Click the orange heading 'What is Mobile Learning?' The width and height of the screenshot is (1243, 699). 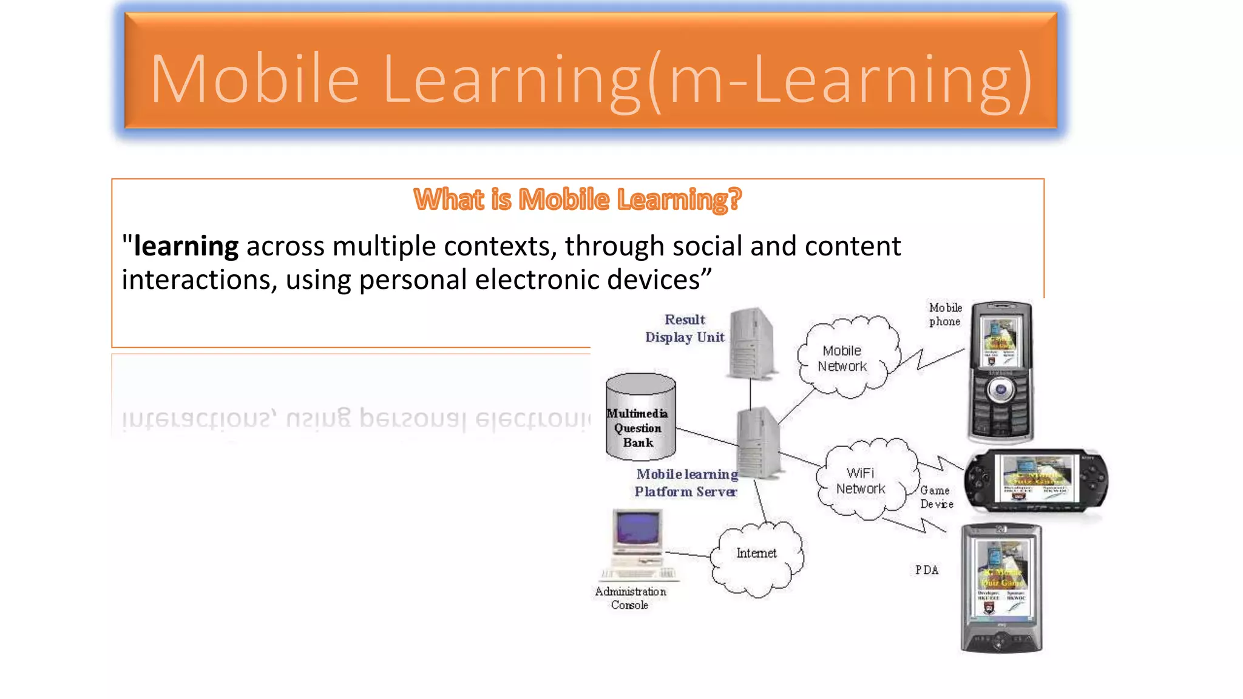click(x=577, y=200)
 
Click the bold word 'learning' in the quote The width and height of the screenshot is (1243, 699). click(x=186, y=246)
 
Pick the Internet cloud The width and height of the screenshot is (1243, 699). click(x=757, y=557)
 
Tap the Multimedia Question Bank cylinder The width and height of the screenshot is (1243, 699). click(x=640, y=419)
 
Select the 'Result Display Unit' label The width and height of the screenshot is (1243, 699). click(x=685, y=328)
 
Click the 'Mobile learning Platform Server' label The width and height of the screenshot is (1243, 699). click(x=686, y=483)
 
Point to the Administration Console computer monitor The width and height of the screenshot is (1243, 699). click(x=637, y=528)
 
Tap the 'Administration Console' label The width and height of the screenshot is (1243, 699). click(x=630, y=598)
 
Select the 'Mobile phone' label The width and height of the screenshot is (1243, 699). click(x=945, y=314)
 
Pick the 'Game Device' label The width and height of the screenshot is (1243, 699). click(x=935, y=497)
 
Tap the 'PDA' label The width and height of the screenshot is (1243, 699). click(x=927, y=570)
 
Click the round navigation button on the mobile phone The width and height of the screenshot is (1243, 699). click(x=1000, y=390)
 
